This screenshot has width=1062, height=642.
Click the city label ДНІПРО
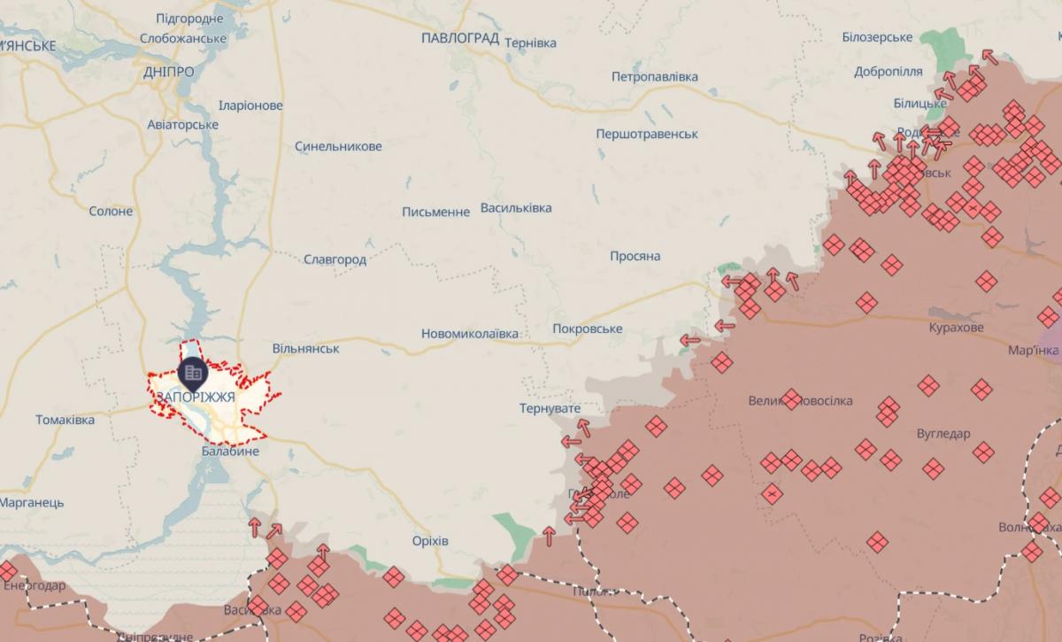click(168, 72)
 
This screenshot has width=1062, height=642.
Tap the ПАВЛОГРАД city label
click(460, 38)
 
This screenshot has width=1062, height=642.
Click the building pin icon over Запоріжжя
click(192, 373)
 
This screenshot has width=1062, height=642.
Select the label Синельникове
click(338, 146)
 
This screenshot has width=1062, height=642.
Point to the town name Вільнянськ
click(306, 349)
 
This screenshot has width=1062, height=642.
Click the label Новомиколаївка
click(470, 334)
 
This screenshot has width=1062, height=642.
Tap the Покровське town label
click(587, 329)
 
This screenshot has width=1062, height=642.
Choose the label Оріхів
click(430, 541)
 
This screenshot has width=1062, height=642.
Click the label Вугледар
click(943, 434)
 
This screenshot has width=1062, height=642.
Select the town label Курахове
click(956, 328)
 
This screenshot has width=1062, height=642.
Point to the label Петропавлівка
click(654, 77)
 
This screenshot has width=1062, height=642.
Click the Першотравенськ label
click(647, 134)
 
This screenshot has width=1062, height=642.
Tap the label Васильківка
click(515, 208)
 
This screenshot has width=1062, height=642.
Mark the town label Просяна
click(635, 256)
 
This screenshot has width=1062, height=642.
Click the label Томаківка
click(65, 420)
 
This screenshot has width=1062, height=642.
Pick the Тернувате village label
click(550, 408)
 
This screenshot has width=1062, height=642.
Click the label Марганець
click(32, 502)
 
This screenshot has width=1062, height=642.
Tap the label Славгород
click(335, 259)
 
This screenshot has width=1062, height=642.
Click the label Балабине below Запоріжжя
click(230, 452)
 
